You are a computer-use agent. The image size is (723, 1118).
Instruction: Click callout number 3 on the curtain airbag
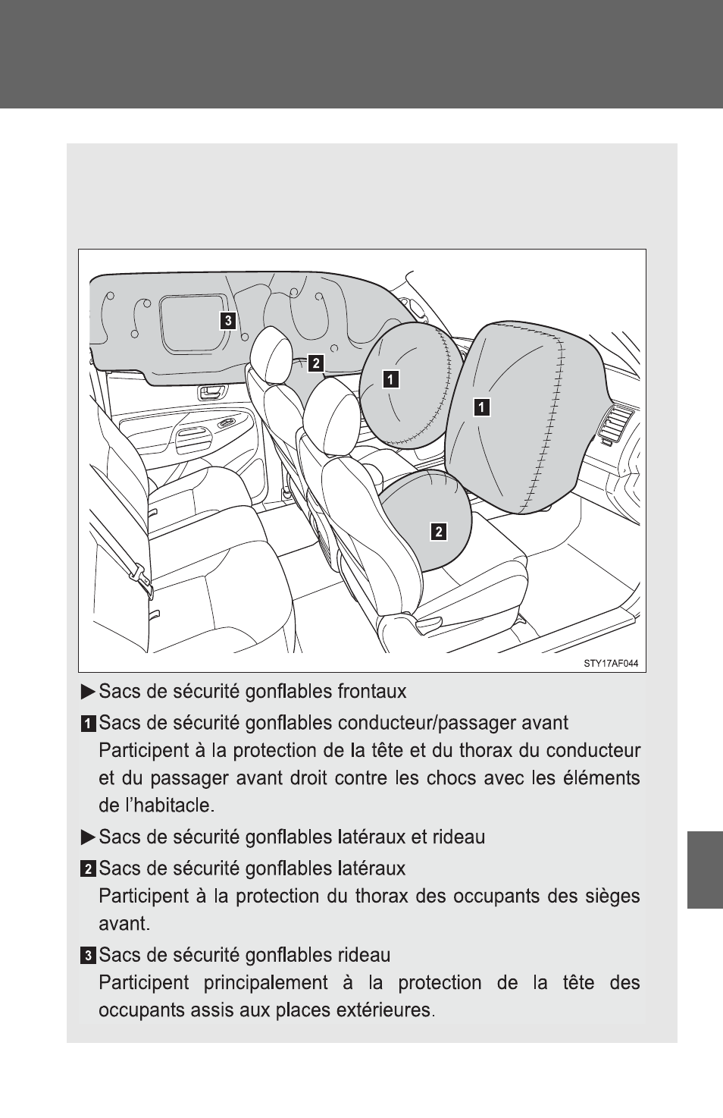click(x=228, y=320)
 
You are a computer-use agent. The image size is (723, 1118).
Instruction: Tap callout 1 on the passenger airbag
click(x=481, y=407)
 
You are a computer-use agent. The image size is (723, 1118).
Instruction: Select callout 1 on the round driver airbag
click(x=390, y=379)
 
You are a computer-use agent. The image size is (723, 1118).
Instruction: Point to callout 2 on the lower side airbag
click(x=439, y=532)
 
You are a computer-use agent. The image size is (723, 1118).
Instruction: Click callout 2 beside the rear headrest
click(x=315, y=363)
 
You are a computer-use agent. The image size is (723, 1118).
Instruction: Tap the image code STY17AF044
click(x=612, y=664)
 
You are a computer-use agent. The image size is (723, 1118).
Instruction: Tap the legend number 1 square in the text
click(x=88, y=724)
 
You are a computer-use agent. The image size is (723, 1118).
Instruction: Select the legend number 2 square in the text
click(x=88, y=870)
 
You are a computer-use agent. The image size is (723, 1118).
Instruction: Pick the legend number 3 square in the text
click(x=88, y=956)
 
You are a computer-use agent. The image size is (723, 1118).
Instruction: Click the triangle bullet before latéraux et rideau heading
click(x=88, y=837)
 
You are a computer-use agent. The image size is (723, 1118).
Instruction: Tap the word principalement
click(x=265, y=983)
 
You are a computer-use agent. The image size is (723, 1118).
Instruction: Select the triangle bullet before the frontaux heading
click(x=88, y=692)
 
